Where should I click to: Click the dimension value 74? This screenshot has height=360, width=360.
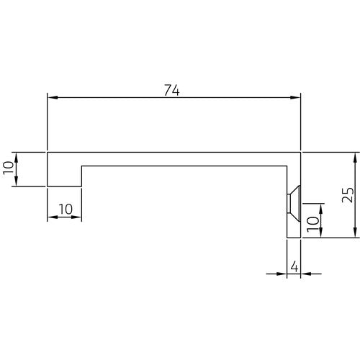(x=171, y=90)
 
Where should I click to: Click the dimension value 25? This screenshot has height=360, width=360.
(x=347, y=195)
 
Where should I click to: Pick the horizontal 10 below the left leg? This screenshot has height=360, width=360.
(x=64, y=209)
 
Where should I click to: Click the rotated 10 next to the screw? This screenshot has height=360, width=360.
(x=312, y=222)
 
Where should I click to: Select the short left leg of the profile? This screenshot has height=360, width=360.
(x=64, y=176)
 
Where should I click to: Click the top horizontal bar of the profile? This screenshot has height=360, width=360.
(x=173, y=159)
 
